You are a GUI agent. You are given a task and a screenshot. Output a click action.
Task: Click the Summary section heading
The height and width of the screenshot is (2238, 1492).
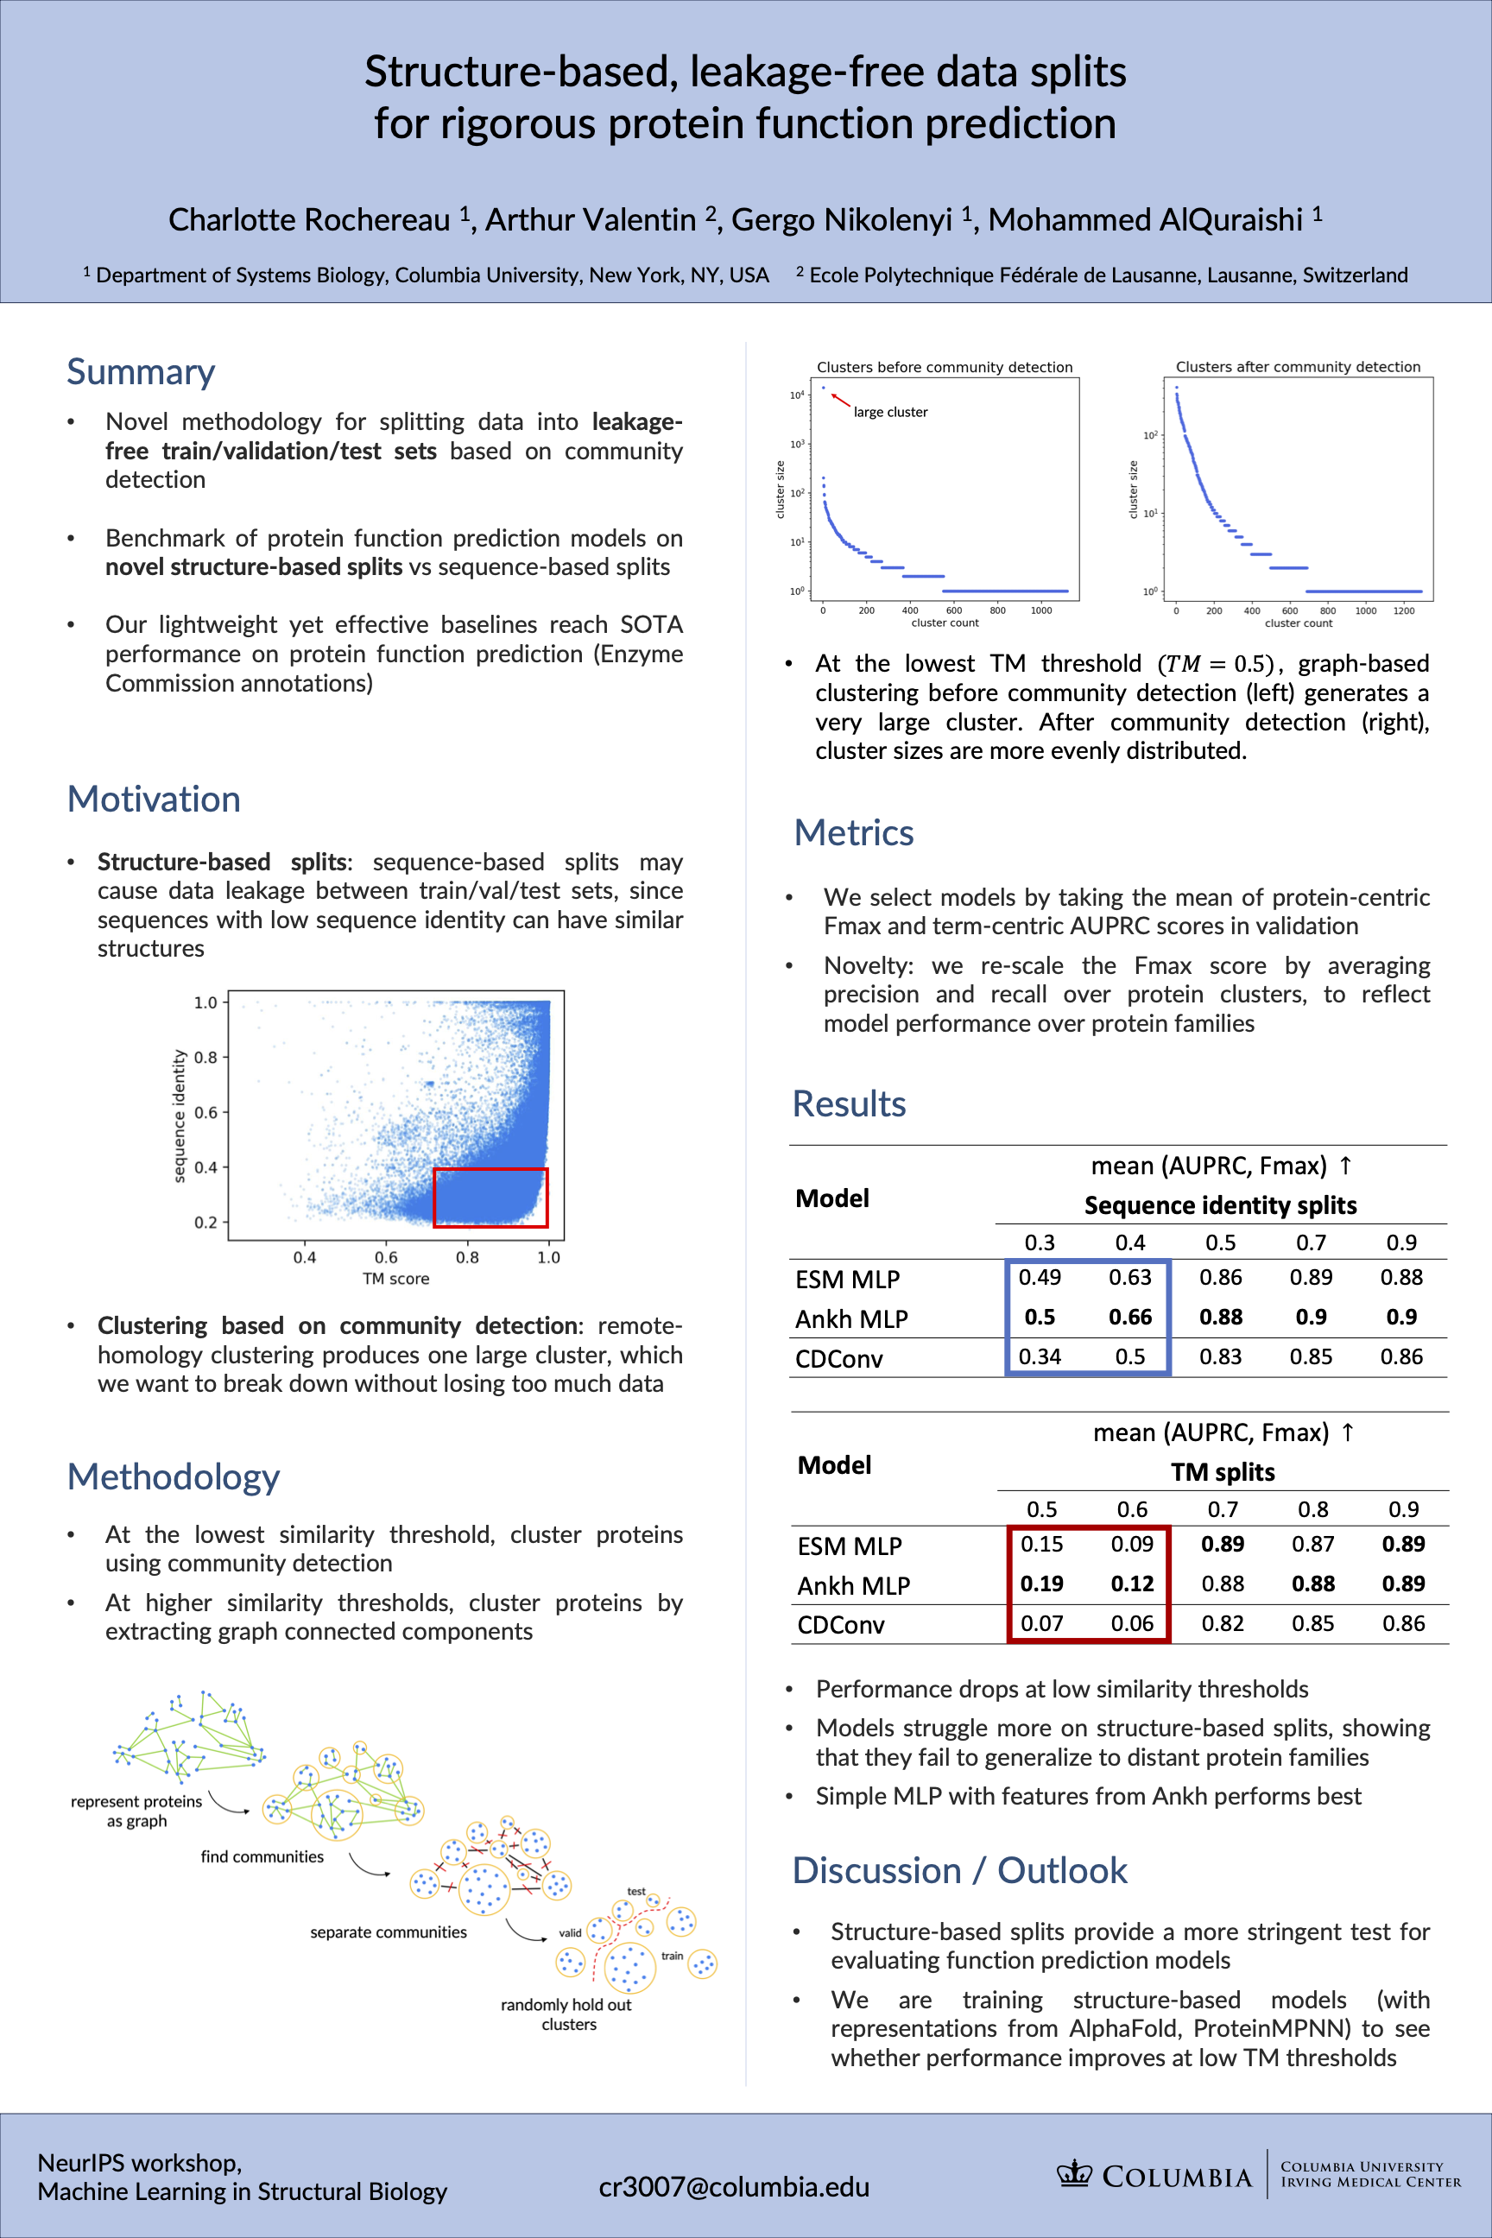tap(141, 372)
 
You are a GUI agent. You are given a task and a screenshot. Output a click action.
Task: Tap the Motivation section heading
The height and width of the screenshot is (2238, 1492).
tap(153, 800)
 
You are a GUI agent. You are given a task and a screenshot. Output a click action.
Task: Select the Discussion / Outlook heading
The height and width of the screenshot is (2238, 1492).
tap(959, 1871)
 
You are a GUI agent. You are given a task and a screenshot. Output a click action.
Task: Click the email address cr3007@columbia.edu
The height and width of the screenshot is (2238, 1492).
tap(734, 2186)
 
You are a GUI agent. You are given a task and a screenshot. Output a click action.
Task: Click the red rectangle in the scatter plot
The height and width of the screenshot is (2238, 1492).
tap(490, 1197)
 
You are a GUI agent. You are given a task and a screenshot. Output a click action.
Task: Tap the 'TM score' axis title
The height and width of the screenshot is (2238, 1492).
tap(395, 1279)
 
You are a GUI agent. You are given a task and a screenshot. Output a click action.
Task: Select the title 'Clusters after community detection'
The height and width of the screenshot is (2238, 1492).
tap(1298, 366)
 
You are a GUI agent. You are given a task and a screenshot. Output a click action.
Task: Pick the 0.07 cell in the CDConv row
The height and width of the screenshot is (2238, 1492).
tap(1041, 1623)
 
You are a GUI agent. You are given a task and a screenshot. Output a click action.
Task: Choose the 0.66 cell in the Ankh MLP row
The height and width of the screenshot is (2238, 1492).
tap(1129, 1318)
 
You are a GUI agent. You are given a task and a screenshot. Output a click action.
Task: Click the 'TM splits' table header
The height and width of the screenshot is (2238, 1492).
tap(1223, 1472)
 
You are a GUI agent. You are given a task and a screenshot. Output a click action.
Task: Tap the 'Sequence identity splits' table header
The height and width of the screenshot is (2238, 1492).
tap(1220, 1205)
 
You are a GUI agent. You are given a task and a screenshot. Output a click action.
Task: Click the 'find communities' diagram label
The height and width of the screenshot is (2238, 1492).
tap(262, 1856)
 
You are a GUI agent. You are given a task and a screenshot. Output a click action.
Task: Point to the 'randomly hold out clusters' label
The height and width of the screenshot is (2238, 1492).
tap(567, 2014)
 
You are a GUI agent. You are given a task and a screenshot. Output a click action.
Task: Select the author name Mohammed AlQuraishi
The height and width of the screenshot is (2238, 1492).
tap(1145, 220)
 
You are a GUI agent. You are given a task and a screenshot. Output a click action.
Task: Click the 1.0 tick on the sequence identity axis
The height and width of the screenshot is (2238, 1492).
tap(205, 1002)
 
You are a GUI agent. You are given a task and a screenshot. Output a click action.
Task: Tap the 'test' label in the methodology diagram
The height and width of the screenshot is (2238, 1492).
tap(635, 1892)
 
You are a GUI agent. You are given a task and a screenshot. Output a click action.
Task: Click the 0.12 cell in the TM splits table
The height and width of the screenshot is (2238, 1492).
tap(1131, 1584)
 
